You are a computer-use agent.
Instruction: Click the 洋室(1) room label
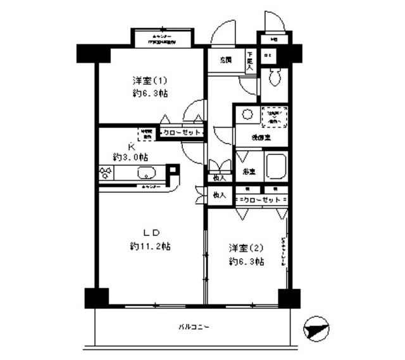pos(150,81)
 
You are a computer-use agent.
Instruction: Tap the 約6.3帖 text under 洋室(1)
pos(150,93)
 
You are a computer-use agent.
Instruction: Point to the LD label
pos(150,232)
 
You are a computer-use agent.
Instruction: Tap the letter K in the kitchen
pos(132,145)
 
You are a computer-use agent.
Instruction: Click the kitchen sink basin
pos(147,173)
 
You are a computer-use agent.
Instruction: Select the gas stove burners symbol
pos(106,173)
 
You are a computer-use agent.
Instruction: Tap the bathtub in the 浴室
pos(277,166)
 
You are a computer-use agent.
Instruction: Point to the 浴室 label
pos(248,171)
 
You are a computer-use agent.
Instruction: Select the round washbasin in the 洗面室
pos(247,115)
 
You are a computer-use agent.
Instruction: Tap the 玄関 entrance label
pos(226,60)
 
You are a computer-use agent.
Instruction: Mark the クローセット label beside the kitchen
pos(182,133)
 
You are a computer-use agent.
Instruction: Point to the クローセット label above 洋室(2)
pos(261,200)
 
